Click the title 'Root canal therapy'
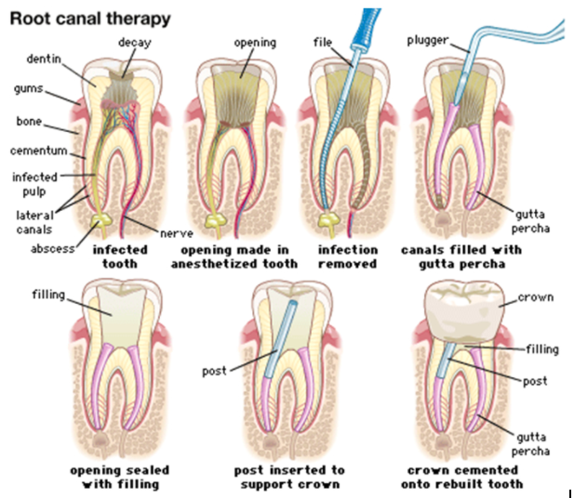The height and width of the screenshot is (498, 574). (x=90, y=19)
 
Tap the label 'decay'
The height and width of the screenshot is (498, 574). (x=134, y=43)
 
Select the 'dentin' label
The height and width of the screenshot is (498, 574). (x=44, y=59)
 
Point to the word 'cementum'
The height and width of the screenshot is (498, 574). (x=39, y=151)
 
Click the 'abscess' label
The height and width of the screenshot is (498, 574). (x=53, y=249)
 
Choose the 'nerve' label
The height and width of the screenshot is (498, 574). (x=177, y=233)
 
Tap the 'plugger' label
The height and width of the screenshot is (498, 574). (x=428, y=40)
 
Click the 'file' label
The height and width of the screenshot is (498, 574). (x=323, y=43)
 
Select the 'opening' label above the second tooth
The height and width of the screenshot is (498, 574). (x=255, y=43)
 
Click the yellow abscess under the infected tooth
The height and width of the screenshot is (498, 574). (x=101, y=221)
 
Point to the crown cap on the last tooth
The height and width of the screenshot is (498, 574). (x=465, y=311)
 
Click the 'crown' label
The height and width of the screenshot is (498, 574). (x=536, y=297)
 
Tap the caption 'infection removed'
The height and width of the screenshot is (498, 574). (x=347, y=256)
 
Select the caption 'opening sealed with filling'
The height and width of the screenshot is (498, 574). (x=120, y=477)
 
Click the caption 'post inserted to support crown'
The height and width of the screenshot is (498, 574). (x=289, y=477)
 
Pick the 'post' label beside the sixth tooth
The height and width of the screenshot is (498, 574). (x=215, y=372)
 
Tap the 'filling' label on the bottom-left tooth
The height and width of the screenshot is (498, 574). (x=48, y=295)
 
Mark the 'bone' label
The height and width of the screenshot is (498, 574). (x=29, y=121)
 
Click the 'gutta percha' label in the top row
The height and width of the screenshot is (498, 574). (x=530, y=221)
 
